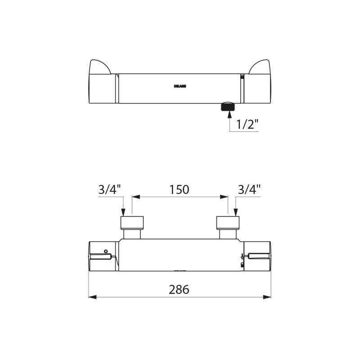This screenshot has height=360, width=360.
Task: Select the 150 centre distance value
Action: pyautogui.click(x=180, y=189)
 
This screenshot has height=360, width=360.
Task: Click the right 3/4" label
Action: pyautogui.click(x=249, y=189)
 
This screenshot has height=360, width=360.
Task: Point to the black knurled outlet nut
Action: pyautogui.click(x=228, y=107)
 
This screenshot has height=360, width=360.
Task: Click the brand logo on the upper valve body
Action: pyautogui.click(x=180, y=86)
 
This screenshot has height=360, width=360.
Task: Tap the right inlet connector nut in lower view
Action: pyautogui.click(x=228, y=222)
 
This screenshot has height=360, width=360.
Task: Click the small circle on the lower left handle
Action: pyautogui.click(x=105, y=251)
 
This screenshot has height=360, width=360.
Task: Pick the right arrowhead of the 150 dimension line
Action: pyautogui.click(x=225, y=197)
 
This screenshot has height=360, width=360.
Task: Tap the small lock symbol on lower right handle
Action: pyautogui.click(x=242, y=265)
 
